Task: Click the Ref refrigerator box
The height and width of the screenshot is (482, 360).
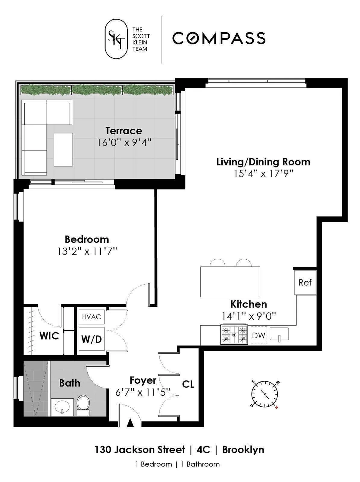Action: (305, 282)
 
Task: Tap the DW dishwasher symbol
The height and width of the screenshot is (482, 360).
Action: (258, 335)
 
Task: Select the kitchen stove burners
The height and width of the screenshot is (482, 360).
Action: (234, 335)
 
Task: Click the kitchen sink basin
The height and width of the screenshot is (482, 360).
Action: (279, 334)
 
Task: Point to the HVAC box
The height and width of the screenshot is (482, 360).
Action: (91, 317)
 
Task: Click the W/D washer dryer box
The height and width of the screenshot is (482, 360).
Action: (91, 339)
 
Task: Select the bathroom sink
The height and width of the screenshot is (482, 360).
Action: (62, 407)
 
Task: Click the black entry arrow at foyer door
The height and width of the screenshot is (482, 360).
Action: (130, 423)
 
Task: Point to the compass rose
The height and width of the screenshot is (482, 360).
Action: (265, 394)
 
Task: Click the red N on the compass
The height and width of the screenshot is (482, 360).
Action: (277, 407)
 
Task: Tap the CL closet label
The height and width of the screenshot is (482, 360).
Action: (188, 384)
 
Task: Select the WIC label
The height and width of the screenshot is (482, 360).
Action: (49, 336)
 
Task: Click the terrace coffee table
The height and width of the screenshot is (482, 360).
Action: (63, 149)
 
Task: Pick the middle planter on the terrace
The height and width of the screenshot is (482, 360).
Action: (97, 89)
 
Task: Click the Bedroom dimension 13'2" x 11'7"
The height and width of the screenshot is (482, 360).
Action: (87, 251)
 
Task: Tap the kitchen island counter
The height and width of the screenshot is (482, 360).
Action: (230, 282)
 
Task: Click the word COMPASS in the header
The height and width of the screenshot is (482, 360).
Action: (219, 38)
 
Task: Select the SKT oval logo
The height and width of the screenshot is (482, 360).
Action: (116, 38)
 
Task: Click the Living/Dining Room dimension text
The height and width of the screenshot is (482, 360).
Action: (263, 174)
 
